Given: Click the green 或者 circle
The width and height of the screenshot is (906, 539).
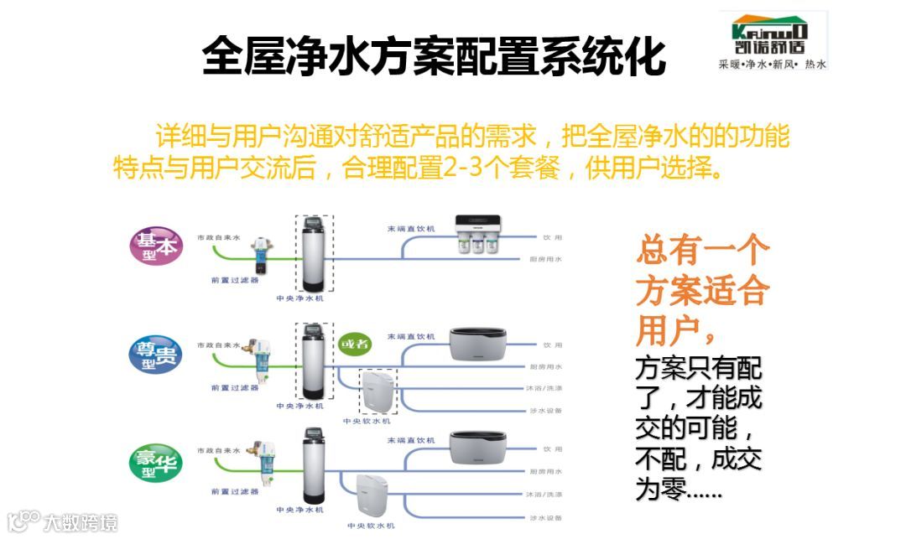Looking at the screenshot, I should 353,344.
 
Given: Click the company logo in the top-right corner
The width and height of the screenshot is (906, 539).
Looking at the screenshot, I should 773,40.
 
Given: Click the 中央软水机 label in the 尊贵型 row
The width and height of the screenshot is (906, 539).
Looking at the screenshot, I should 367,421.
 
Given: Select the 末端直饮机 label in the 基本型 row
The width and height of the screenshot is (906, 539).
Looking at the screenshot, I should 411,229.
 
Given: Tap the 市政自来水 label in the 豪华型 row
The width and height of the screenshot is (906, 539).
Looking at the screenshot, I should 219,451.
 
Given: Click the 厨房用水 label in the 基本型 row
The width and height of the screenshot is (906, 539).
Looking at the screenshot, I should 546,259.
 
